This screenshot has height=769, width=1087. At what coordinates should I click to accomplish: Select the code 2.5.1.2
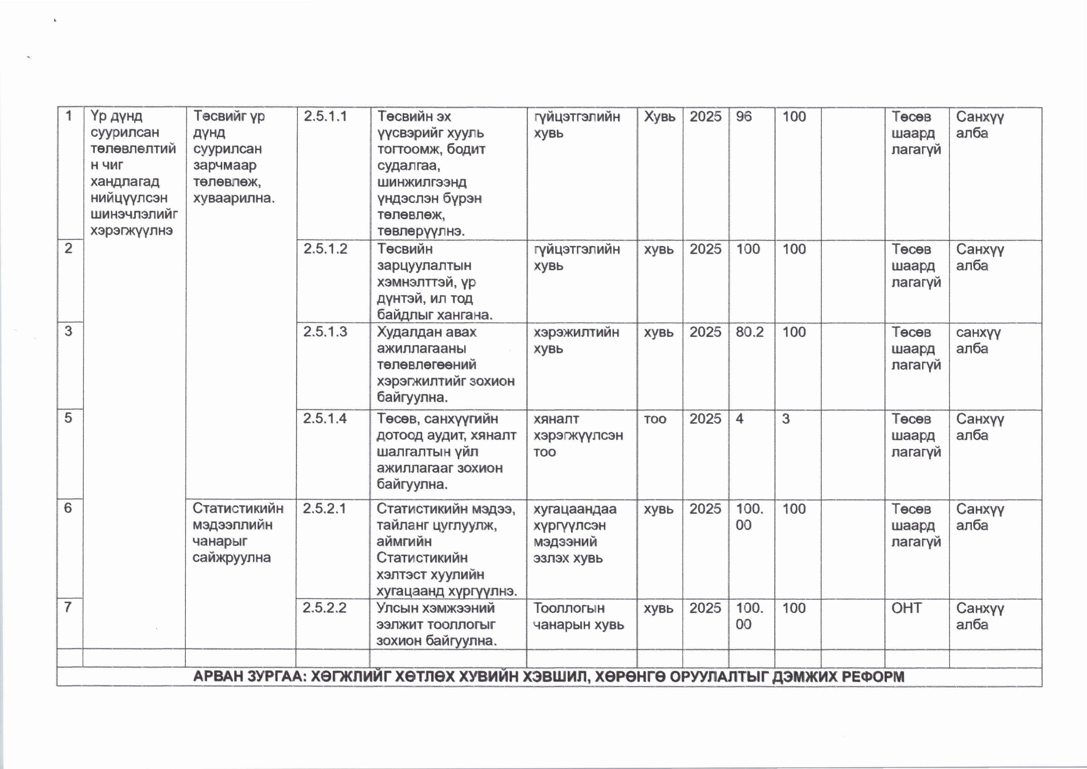tap(325, 249)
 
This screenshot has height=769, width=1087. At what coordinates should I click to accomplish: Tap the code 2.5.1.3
tap(325, 331)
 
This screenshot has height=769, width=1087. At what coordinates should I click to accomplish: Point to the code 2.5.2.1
tap(324, 508)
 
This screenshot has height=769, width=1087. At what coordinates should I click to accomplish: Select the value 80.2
tap(749, 331)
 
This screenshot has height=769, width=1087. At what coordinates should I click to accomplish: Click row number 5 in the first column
tap(68, 418)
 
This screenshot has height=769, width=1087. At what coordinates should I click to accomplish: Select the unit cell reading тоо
tap(655, 419)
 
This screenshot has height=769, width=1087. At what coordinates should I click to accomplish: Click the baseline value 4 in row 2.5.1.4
tap(739, 419)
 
